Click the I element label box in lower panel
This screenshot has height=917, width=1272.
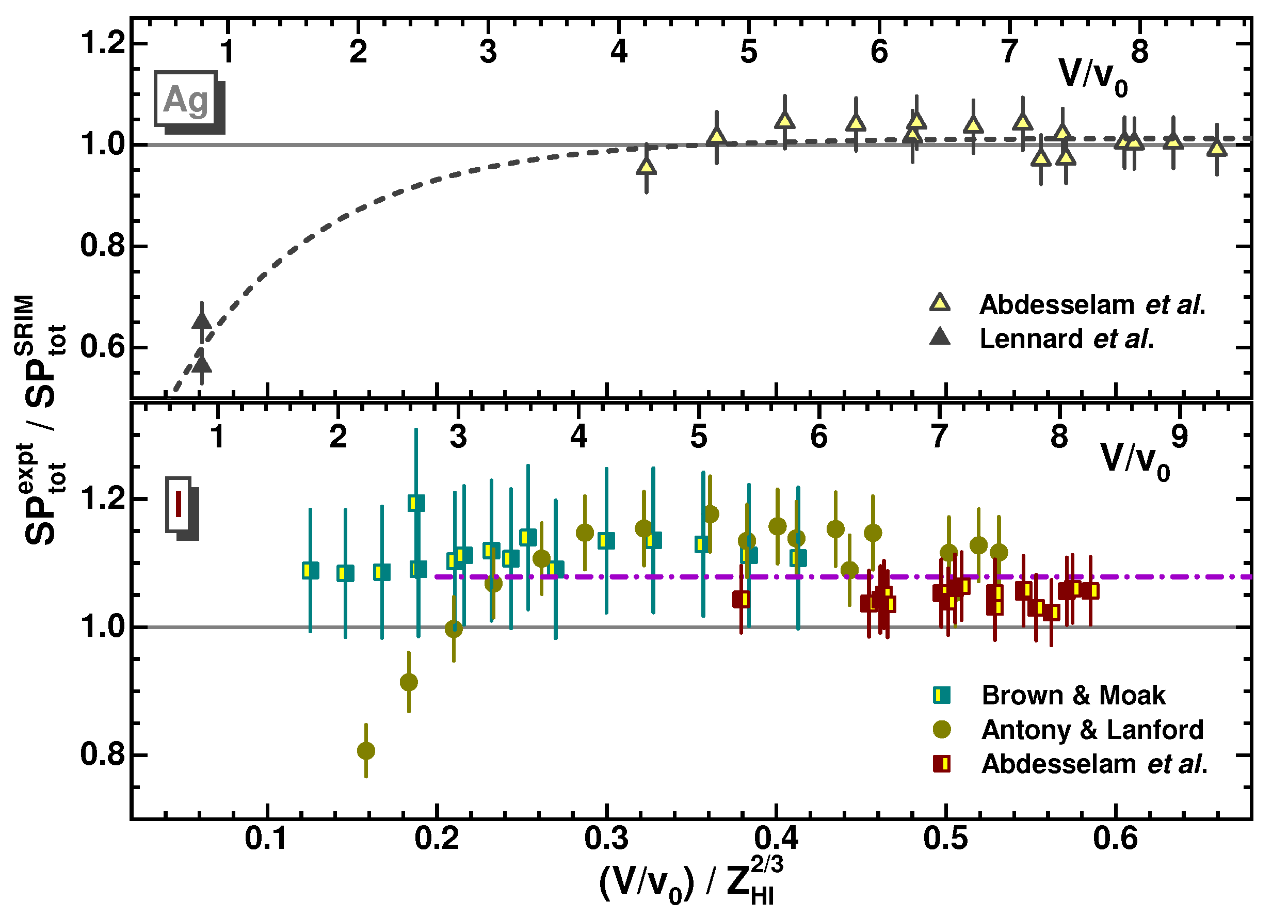[179, 504]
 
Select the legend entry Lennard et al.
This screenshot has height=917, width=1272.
[1066, 339]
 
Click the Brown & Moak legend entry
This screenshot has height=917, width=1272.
[1073, 696]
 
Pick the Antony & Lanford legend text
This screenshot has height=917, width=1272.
[1092, 730]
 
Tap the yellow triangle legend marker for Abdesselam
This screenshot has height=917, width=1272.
[940, 303]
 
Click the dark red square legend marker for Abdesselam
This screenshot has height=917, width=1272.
[942, 764]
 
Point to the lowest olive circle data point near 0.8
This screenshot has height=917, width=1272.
[366, 750]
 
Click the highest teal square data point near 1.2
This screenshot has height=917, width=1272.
[416, 503]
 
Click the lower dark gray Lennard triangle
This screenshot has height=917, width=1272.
[202, 364]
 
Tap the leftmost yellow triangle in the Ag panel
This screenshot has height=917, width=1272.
[647, 167]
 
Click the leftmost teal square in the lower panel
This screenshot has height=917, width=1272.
[310, 570]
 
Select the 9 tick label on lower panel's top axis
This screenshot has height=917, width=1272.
[1180, 436]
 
